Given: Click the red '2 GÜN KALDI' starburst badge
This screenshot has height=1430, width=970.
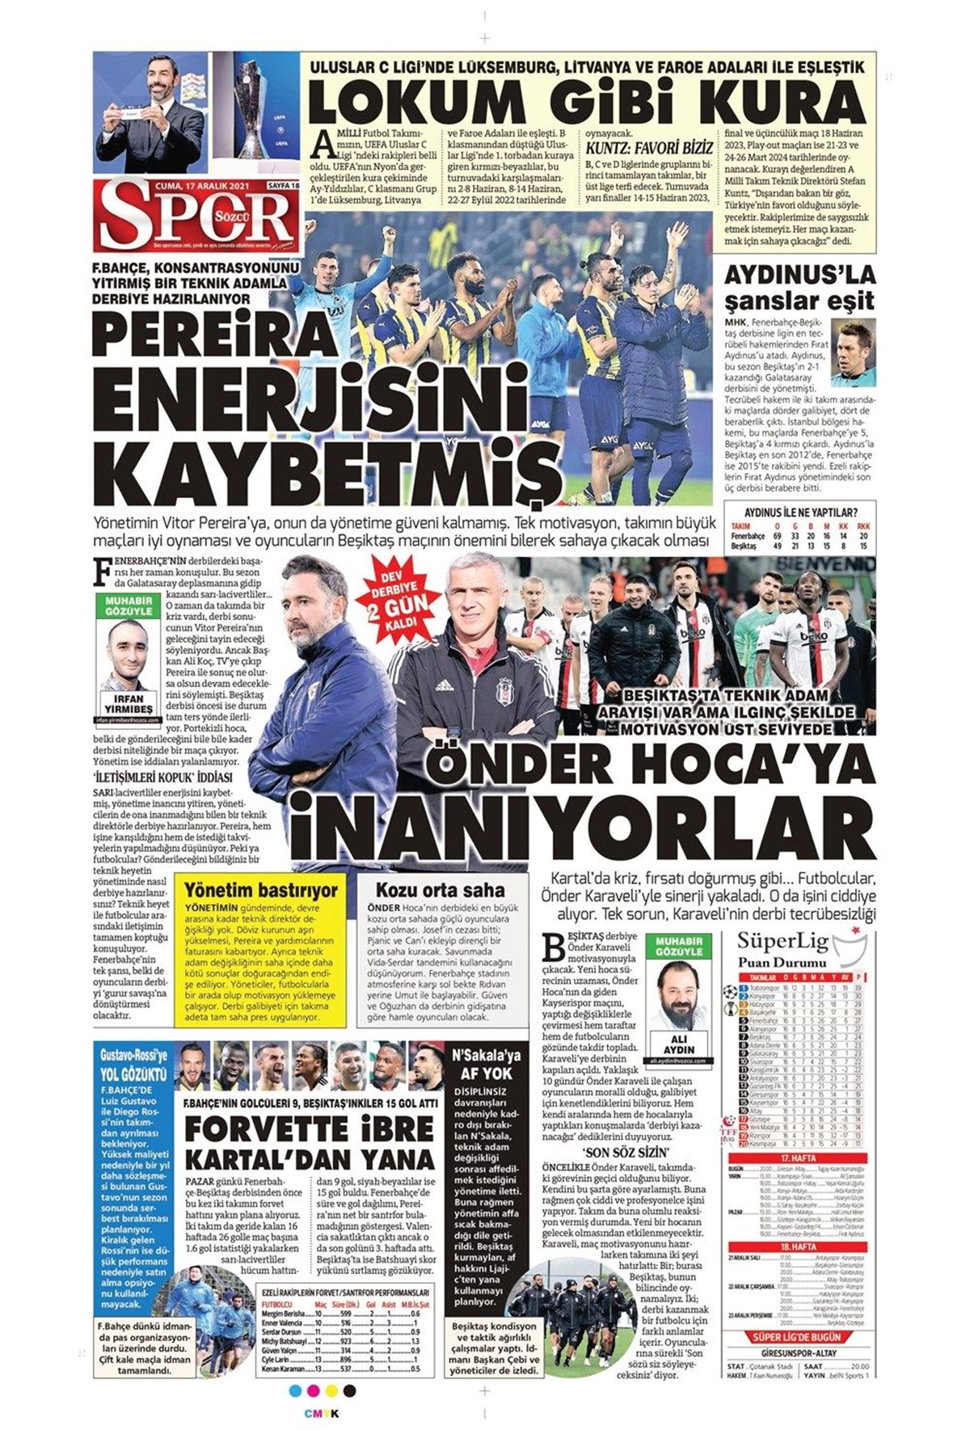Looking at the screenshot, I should point(401,599).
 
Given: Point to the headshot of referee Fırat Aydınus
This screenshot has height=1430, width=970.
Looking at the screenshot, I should point(854,354).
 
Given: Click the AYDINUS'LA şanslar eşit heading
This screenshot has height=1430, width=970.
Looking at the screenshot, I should point(799,288).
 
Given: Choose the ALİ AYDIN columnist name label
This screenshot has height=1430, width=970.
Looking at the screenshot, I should point(679,1044).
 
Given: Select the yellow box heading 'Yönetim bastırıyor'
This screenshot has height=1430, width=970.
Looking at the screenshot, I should point(261,890).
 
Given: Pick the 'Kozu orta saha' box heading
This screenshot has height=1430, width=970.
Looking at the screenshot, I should point(440,890).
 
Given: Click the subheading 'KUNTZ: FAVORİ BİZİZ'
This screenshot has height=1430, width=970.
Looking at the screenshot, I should point(649,147).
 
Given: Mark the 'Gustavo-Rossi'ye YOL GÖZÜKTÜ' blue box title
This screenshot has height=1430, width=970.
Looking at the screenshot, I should point(133,1065).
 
